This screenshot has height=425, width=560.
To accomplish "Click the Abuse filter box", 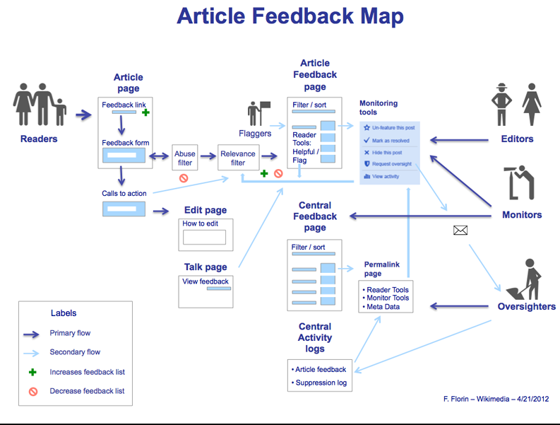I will pyautogui.click(x=184, y=158).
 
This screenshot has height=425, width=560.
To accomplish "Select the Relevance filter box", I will pyautogui.click(x=239, y=158).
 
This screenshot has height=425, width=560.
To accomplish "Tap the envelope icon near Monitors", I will pyautogui.click(x=460, y=230).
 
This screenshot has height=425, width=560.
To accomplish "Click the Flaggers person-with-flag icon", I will pyautogui.click(x=258, y=113).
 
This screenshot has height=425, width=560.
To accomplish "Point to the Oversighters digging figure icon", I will pyautogui.click(x=522, y=279).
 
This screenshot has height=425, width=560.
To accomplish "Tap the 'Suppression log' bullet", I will pyautogui.click(x=320, y=383).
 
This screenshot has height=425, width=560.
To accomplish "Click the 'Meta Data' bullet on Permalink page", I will pyautogui.click(x=382, y=307).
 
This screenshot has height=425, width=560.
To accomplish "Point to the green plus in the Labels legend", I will pyautogui.click(x=32, y=372).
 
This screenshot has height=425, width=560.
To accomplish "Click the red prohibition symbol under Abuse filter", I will pyautogui.click(x=184, y=178).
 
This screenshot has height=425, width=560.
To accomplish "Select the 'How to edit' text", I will pyautogui.click(x=201, y=223).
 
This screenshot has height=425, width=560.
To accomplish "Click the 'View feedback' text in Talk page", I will pyautogui.click(x=205, y=281).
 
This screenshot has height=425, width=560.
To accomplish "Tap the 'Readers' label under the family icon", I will pyautogui.click(x=39, y=139).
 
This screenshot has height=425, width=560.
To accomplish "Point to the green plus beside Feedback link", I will pyautogui.click(x=145, y=112).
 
